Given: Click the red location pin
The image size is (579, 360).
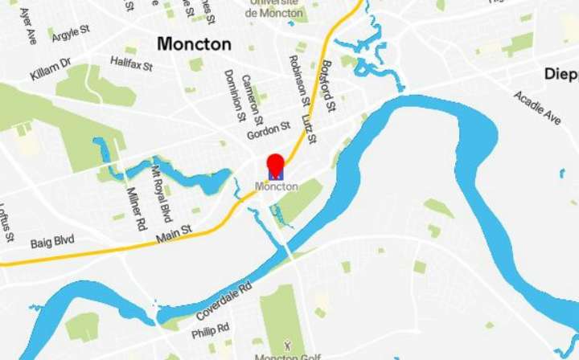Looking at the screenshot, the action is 276,163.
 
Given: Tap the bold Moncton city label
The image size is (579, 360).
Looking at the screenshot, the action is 194,44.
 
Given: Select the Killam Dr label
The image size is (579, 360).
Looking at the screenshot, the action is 51,69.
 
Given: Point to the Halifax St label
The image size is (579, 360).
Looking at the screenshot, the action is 132,62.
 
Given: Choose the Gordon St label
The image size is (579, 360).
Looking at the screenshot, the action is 268,129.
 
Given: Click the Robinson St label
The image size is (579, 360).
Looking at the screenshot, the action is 297,80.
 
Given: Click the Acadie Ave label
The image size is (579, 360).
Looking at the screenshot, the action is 538,107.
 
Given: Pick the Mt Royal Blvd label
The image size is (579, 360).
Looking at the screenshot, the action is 162,193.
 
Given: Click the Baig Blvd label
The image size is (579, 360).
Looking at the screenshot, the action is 52,241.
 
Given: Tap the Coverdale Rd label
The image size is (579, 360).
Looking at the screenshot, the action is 224,300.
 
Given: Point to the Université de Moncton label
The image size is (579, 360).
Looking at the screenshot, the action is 275,9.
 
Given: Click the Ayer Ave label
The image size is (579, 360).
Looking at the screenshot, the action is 27,25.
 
